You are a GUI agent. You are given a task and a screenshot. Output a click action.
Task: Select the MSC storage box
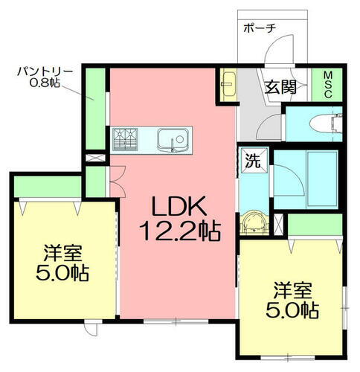pyautogui.click(x=327, y=83)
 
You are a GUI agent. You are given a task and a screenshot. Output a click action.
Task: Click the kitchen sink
pyautogui.click(x=174, y=138)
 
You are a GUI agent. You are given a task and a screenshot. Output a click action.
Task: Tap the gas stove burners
pyautogui.click(x=126, y=138)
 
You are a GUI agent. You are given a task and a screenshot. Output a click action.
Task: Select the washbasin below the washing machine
pyautogui.click(x=254, y=222)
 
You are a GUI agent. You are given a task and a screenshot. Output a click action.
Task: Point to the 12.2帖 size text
pyautogui.click(x=179, y=230)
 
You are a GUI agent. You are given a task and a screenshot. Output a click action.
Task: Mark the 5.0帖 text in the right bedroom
pyautogui.click(x=295, y=308)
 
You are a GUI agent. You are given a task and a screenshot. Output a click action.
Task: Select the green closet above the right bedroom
pyautogui.click(x=313, y=223)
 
